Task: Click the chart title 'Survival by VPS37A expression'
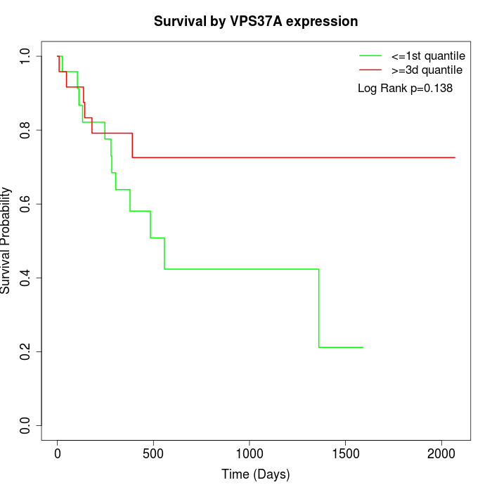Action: pos(256,22)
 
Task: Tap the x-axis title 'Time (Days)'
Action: pos(256,474)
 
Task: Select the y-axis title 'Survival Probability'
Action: pos(6,240)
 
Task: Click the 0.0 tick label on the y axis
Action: pos(26,425)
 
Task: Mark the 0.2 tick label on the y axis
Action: pos(26,351)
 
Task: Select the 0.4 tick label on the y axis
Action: pos(26,278)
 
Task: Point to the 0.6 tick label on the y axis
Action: pos(26,204)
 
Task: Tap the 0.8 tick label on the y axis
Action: pos(26,130)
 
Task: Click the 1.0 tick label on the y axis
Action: pos(26,56)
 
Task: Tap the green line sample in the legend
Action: pos(370,56)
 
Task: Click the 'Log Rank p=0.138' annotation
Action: pos(405,89)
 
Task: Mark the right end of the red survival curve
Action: pos(455,157)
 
